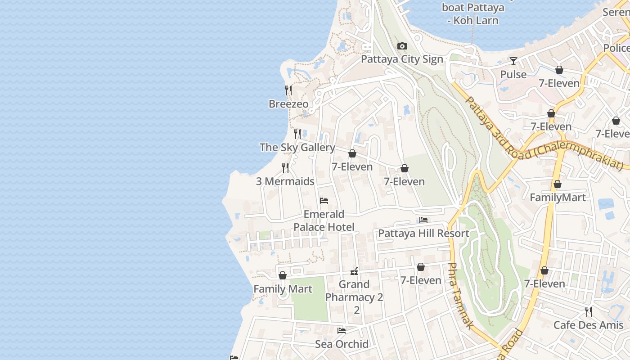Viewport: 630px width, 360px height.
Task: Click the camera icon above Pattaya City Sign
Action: coord(402,46)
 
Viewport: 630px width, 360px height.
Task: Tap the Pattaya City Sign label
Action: coord(402,59)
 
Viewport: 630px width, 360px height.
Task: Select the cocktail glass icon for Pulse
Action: coord(513,61)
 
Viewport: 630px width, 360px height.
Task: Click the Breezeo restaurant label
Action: coord(288,104)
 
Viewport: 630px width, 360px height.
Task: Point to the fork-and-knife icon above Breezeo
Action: coord(288,90)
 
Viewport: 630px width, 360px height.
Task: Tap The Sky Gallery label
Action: coord(297,148)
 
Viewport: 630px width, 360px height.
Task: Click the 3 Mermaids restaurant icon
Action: coord(285,168)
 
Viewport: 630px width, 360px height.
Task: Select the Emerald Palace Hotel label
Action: coord(324,220)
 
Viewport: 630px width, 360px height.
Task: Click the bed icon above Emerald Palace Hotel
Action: coord(324,201)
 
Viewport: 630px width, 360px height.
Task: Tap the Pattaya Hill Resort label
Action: coord(423,234)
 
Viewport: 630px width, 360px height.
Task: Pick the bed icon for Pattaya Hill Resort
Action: coord(423,220)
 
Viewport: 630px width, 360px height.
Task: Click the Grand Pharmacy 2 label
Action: coord(354,291)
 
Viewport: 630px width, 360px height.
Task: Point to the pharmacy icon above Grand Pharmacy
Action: coord(354,271)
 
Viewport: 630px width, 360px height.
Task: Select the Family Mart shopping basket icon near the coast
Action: coord(283,275)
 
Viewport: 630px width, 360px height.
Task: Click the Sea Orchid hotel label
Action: coord(342,344)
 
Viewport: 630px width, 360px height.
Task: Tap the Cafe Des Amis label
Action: coord(588,325)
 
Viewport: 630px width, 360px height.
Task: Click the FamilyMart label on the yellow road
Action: coord(558,198)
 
